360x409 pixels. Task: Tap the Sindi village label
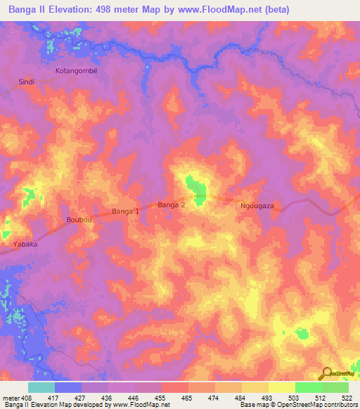click(x=26, y=82)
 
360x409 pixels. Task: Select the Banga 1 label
click(x=127, y=211)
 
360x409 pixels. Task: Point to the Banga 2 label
click(x=172, y=205)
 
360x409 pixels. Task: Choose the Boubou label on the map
click(x=79, y=220)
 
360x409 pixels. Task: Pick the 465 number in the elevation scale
click(x=186, y=398)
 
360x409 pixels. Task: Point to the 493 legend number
click(x=266, y=398)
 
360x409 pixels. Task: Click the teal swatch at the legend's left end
click(x=41, y=387)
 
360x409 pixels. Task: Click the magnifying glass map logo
click(x=326, y=374)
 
